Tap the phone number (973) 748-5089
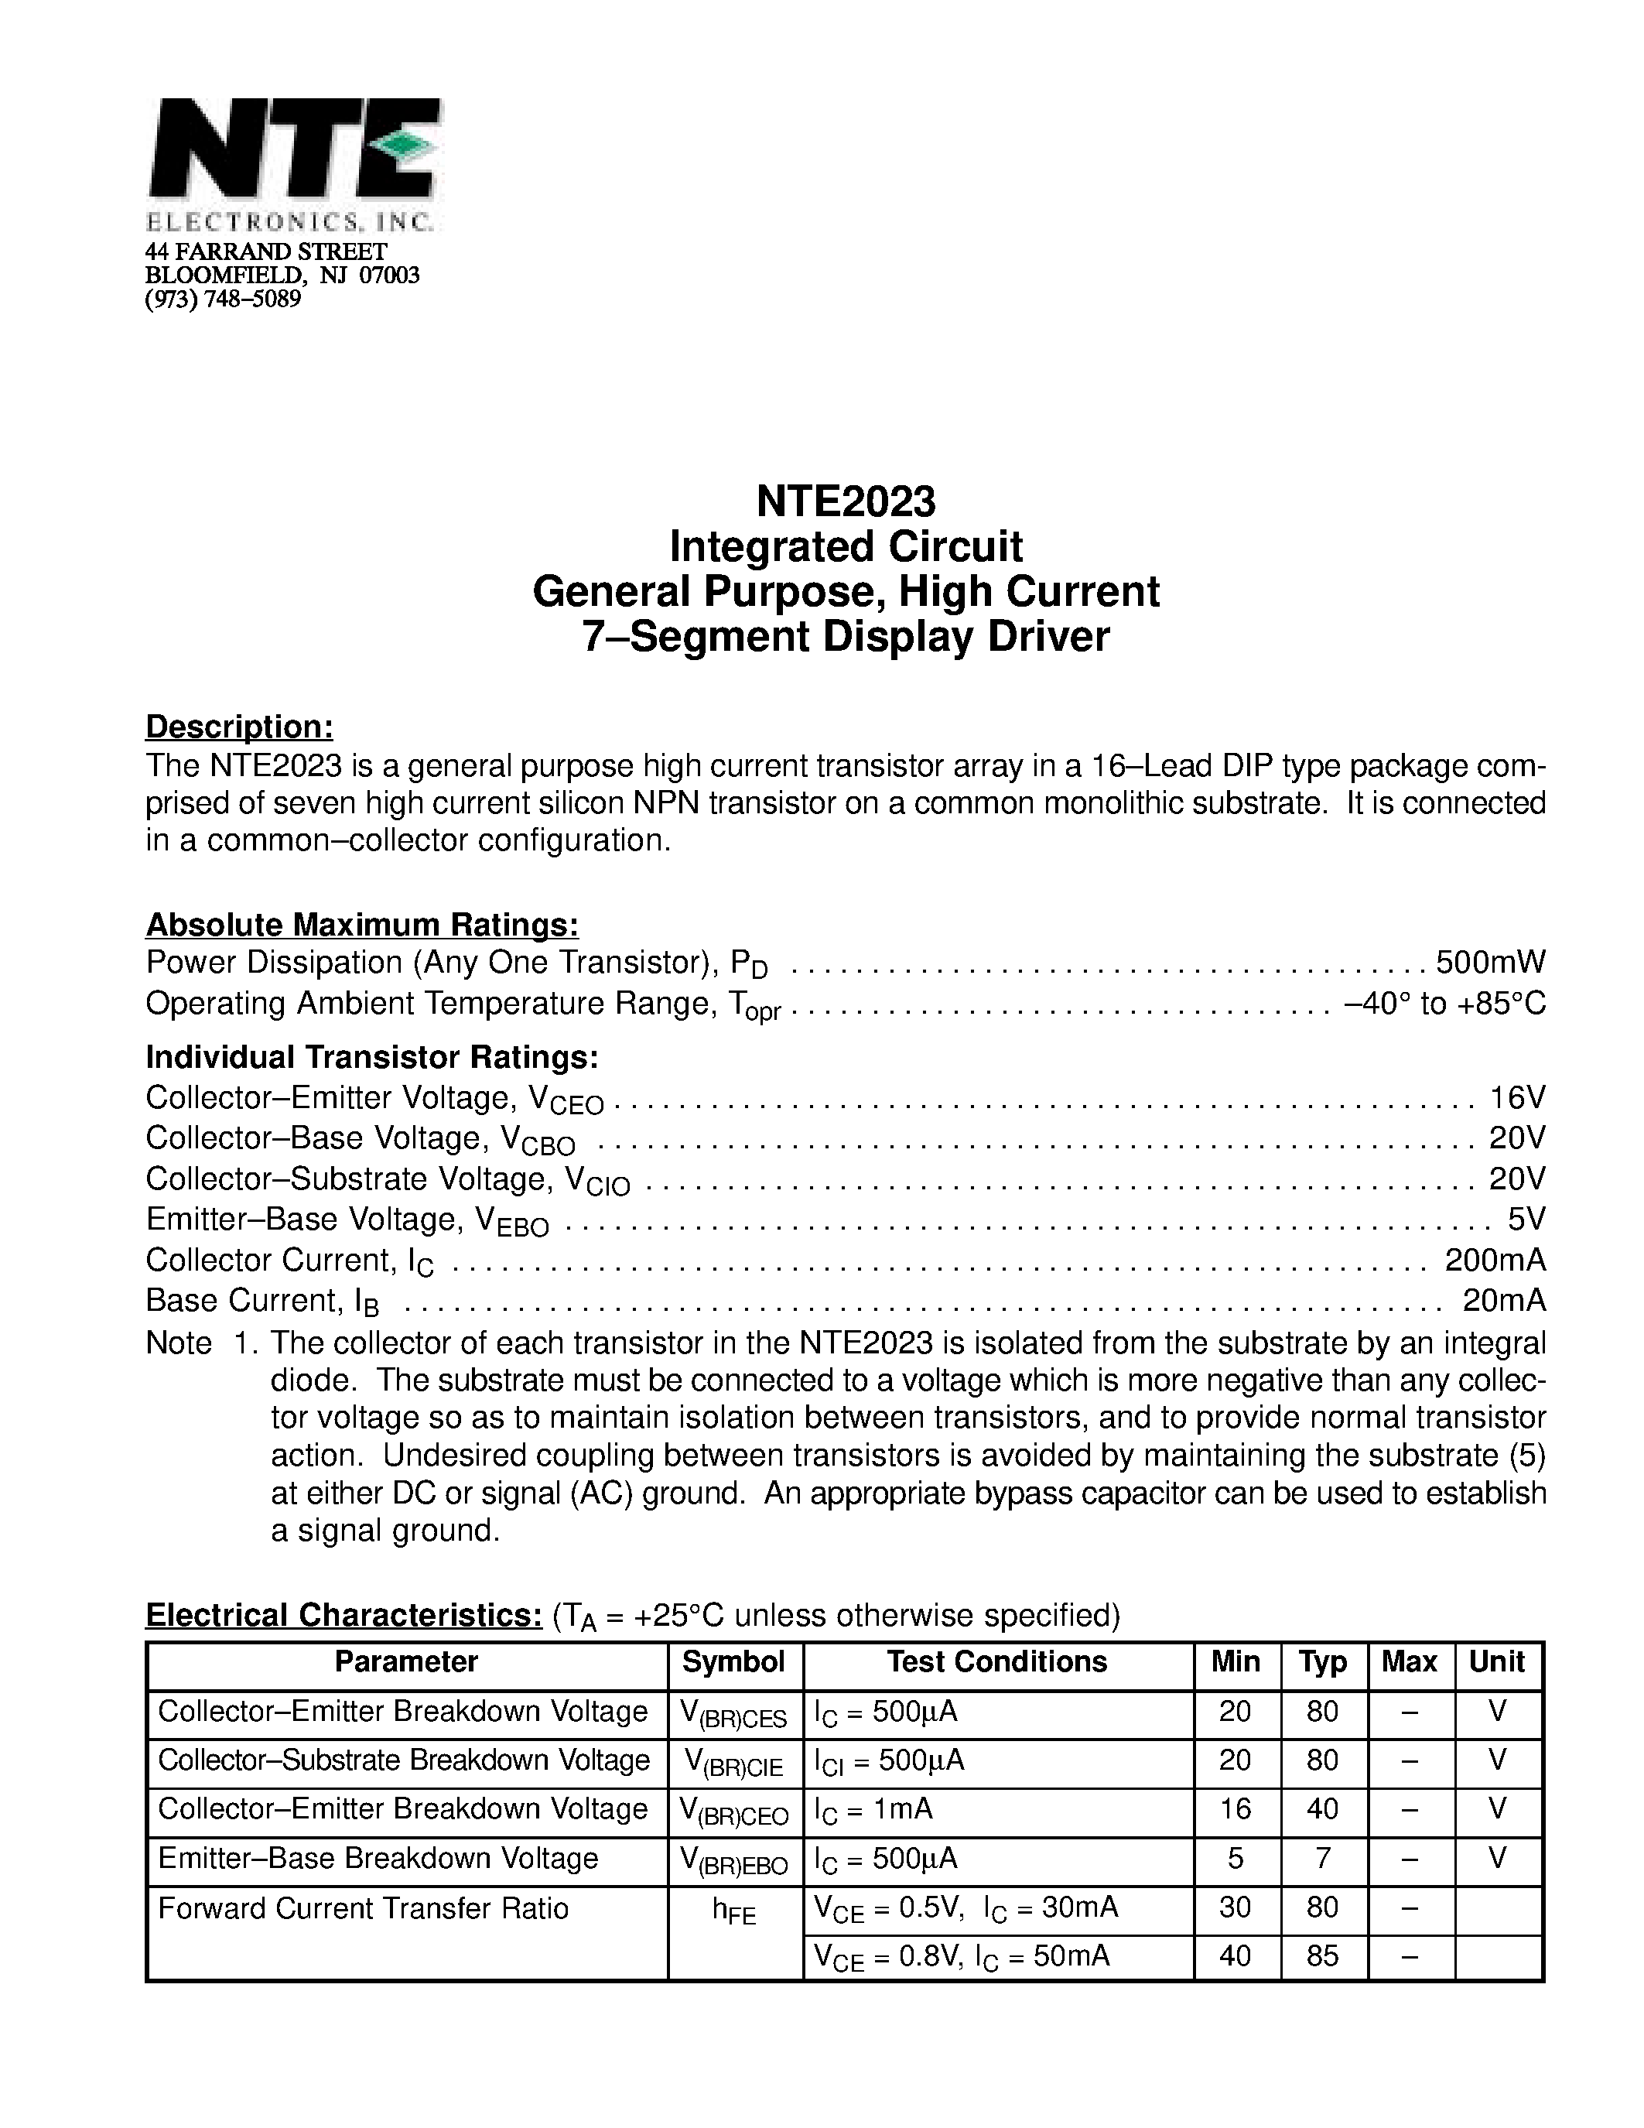pyautogui.click(x=223, y=299)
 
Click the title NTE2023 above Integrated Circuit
pyautogui.click(x=846, y=501)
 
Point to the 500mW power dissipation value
pyautogui.click(x=1490, y=962)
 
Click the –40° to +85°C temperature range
pyautogui.click(x=1444, y=1003)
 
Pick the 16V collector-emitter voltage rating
pyautogui.click(x=1516, y=1097)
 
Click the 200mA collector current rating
pyautogui.click(x=1495, y=1260)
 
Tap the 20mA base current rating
pyautogui.click(x=1504, y=1301)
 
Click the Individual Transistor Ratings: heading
pyautogui.click(x=372, y=1057)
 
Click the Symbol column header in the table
pyautogui.click(x=733, y=1661)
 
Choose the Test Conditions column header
pyautogui.click(x=996, y=1661)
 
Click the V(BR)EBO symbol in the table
pyautogui.click(x=733, y=1862)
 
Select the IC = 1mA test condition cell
pyautogui.click(x=873, y=1809)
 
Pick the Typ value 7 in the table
pyautogui.click(x=1321, y=1858)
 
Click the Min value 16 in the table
pyautogui.click(x=1235, y=1808)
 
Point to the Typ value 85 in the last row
pyautogui.click(x=1321, y=1955)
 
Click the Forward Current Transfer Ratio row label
pyautogui.click(x=364, y=1907)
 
